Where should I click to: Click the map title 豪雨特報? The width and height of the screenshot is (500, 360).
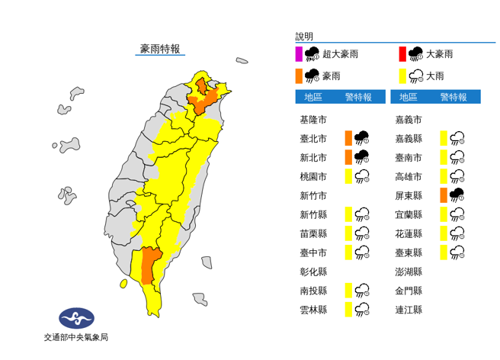click(x=160, y=49)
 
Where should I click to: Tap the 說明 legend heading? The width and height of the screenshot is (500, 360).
click(x=304, y=36)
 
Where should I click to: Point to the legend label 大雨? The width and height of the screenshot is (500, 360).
click(x=436, y=76)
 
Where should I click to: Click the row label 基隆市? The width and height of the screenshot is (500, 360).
click(x=313, y=120)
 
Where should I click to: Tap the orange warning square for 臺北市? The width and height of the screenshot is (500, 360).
click(x=348, y=138)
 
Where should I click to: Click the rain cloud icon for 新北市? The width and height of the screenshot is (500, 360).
click(x=362, y=157)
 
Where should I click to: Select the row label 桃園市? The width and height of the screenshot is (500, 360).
click(x=313, y=176)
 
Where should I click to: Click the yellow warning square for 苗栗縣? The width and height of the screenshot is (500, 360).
click(x=348, y=233)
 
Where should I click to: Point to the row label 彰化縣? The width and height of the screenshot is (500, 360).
click(x=313, y=271)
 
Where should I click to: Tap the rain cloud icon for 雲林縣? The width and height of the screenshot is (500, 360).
click(x=364, y=309)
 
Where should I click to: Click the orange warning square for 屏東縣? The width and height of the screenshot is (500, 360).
click(x=443, y=195)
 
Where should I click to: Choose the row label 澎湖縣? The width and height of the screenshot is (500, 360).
click(x=409, y=271)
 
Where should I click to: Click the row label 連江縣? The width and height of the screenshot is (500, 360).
click(x=409, y=309)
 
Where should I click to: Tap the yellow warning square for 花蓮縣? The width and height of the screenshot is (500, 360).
click(x=443, y=233)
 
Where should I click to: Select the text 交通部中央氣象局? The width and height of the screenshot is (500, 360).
click(x=75, y=337)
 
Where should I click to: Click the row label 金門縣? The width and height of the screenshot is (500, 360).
click(x=409, y=290)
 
